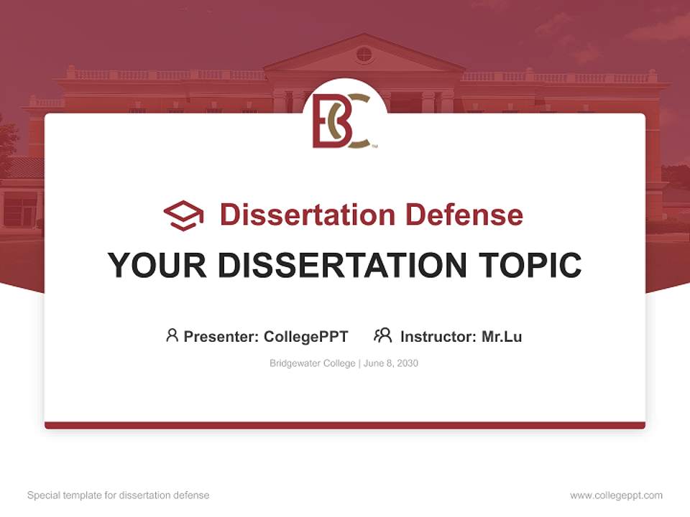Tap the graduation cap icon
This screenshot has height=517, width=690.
[x=183, y=215]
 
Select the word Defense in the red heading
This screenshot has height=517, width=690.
[x=464, y=215]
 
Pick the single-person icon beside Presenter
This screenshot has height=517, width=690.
[x=172, y=335]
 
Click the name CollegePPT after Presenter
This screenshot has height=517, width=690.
[x=306, y=337]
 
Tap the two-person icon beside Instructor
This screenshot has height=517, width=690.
[x=383, y=335]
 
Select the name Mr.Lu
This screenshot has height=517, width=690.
[x=502, y=337]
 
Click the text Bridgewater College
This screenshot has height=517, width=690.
[x=313, y=363]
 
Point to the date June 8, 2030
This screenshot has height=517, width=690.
[x=391, y=363]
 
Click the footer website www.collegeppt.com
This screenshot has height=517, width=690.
[x=616, y=495]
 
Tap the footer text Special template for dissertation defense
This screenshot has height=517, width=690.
[x=119, y=495]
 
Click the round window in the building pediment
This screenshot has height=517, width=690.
[x=364, y=55]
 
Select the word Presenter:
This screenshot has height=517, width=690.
[x=221, y=337]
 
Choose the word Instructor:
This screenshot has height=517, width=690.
[x=438, y=337]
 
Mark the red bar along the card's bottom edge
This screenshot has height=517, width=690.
[x=345, y=425]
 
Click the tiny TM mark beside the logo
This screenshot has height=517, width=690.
[x=374, y=146]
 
